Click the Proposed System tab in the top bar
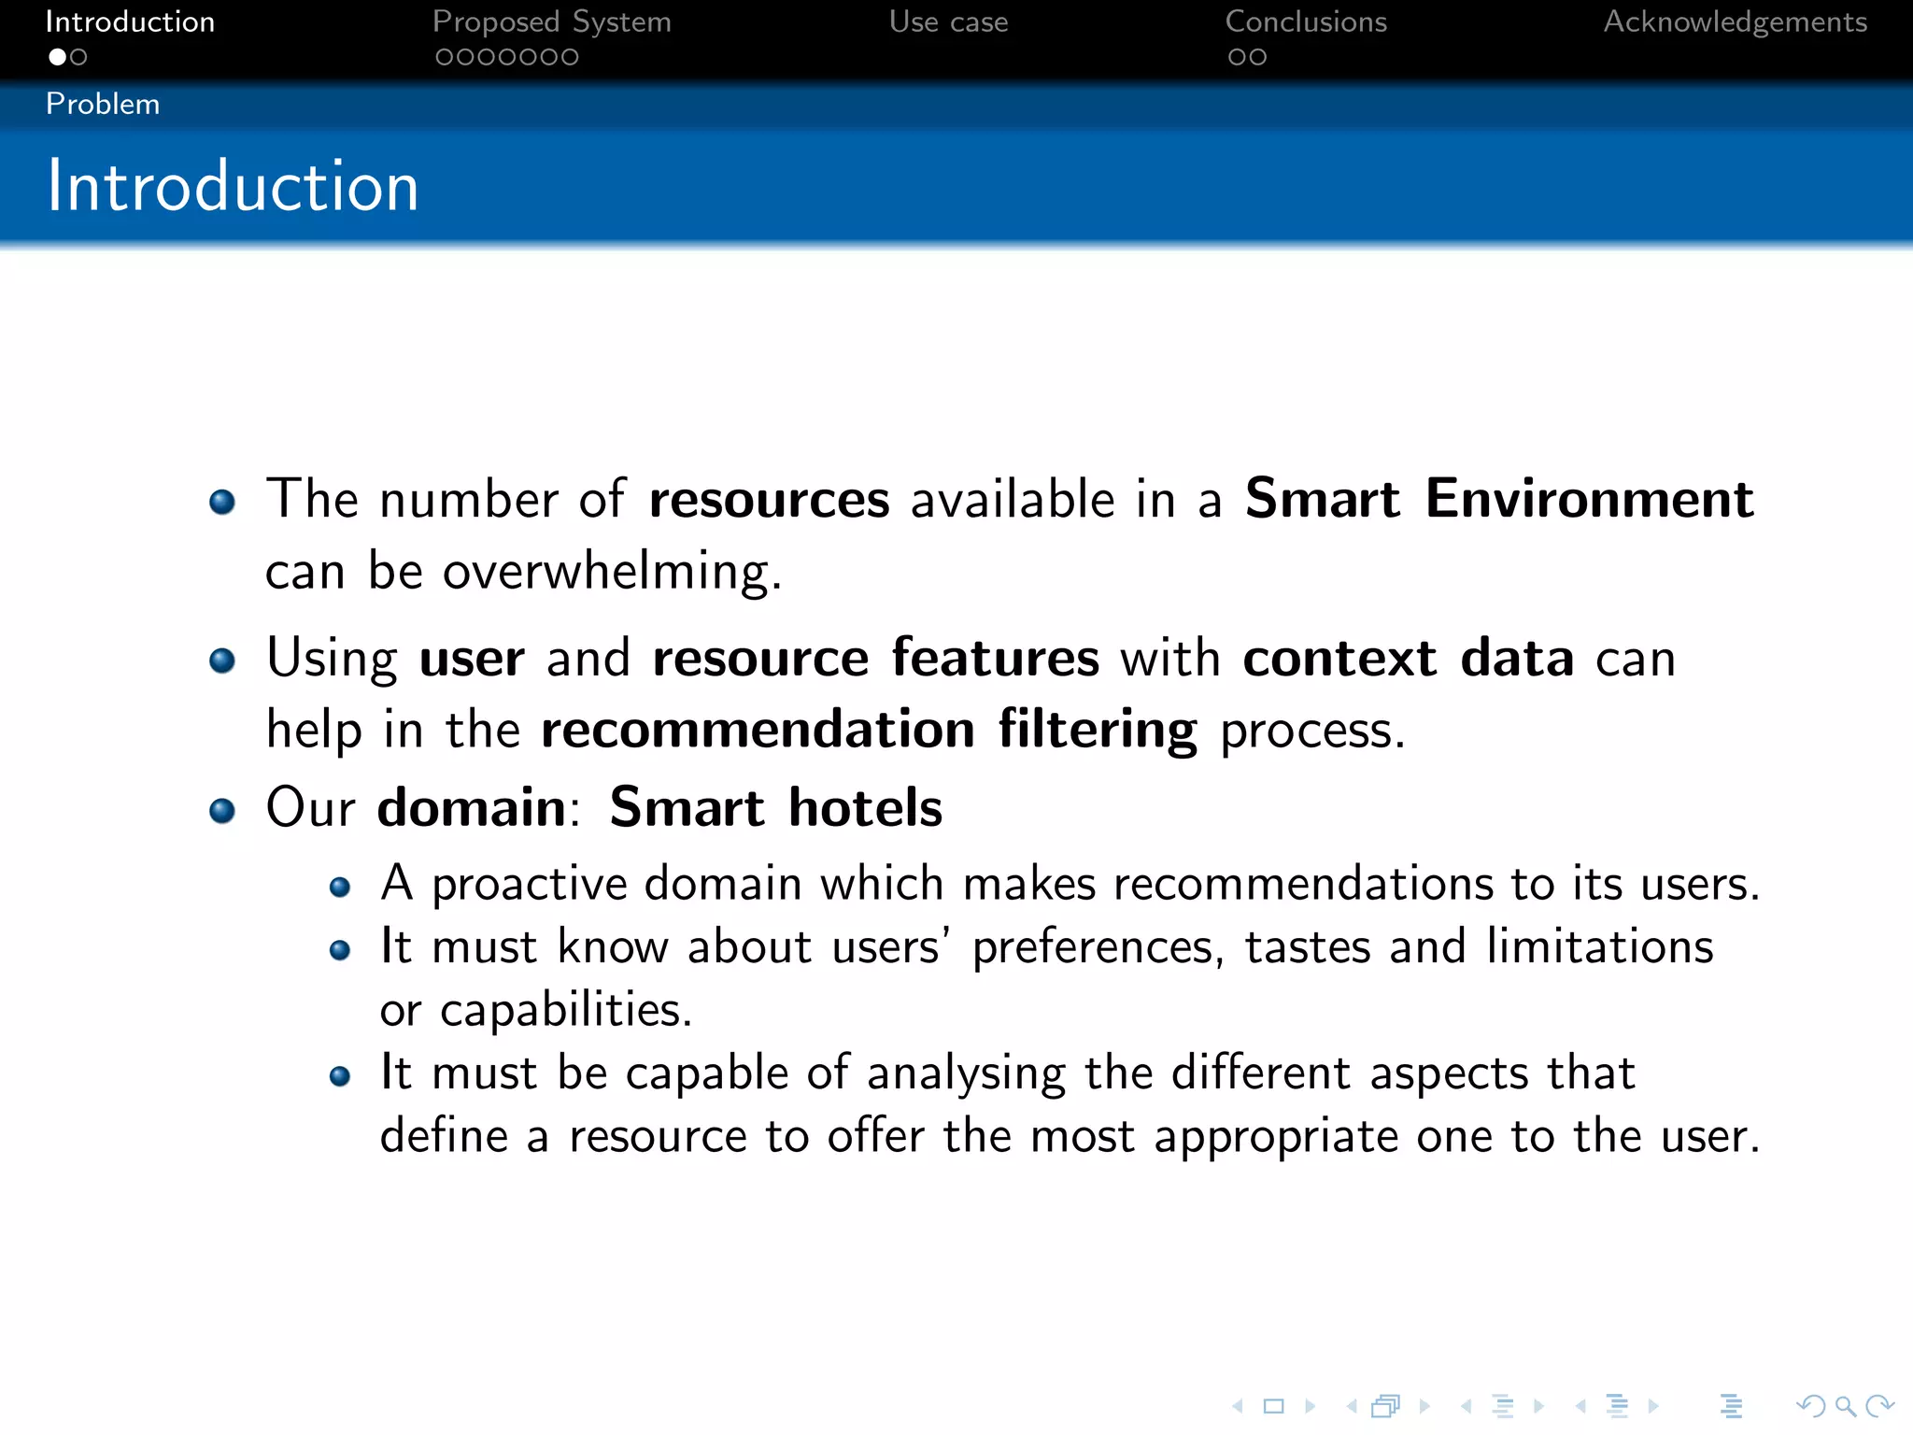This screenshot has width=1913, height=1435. click(551, 22)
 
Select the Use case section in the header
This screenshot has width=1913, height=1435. click(948, 22)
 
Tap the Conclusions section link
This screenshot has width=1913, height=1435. click(1305, 22)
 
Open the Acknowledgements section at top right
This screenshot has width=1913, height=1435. click(1735, 22)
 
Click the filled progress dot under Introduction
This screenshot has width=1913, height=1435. click(58, 57)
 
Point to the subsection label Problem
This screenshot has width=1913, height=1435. click(103, 104)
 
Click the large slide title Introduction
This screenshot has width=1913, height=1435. click(233, 186)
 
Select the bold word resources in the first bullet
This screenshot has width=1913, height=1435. click(769, 500)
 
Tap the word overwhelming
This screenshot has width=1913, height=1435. click(612, 572)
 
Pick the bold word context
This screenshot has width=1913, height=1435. click(1339, 658)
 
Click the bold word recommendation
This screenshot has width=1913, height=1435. click(758, 730)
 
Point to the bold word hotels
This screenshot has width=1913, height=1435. click(865, 807)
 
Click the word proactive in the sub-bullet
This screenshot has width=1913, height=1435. click(530, 885)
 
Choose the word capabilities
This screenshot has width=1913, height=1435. click(565, 1011)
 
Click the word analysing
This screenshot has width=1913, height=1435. click(966, 1074)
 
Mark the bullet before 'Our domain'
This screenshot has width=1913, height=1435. click(222, 810)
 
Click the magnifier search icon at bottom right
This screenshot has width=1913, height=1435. click(1845, 1406)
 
